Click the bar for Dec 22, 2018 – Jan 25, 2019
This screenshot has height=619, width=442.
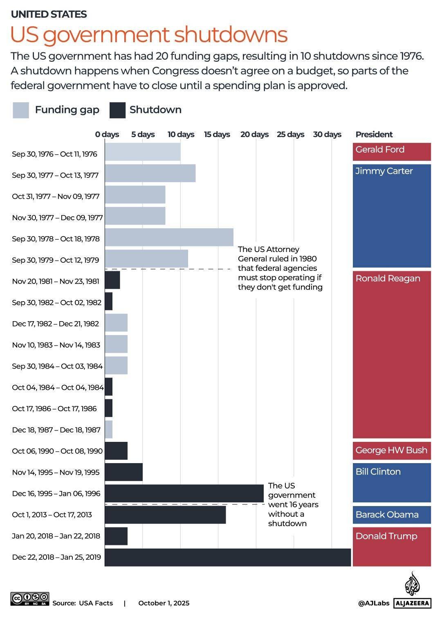tap(228, 557)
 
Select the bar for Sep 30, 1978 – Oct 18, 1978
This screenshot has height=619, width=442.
tap(169, 237)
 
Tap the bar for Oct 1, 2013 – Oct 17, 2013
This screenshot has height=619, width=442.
tap(165, 515)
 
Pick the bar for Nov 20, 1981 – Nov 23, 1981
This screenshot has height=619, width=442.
tap(112, 280)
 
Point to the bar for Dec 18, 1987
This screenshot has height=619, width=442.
tap(109, 430)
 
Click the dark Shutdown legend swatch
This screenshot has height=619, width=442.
tap(117, 110)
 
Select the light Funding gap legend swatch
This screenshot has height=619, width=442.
tap(21, 110)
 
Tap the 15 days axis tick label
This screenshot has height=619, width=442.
tap(217, 135)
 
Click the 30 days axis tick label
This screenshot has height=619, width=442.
tap(327, 135)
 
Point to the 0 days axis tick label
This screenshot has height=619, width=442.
tap(107, 135)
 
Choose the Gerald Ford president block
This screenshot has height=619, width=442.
tap(391, 151)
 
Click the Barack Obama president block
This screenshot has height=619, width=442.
tap(391, 515)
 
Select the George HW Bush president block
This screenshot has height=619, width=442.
tap(391, 450)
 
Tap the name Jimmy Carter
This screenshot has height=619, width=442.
tap(384, 171)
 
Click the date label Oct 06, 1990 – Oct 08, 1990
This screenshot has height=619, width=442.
tap(57, 451)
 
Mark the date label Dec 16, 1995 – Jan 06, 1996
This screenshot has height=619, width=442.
tap(56, 493)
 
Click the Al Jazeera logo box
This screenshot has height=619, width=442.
tap(412, 603)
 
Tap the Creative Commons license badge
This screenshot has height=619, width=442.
tap(30, 599)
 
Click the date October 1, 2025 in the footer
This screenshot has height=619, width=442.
tap(164, 603)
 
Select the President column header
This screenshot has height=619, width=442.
tap(374, 135)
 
